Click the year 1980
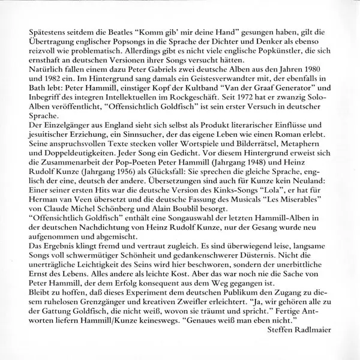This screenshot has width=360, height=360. point(318,71)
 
